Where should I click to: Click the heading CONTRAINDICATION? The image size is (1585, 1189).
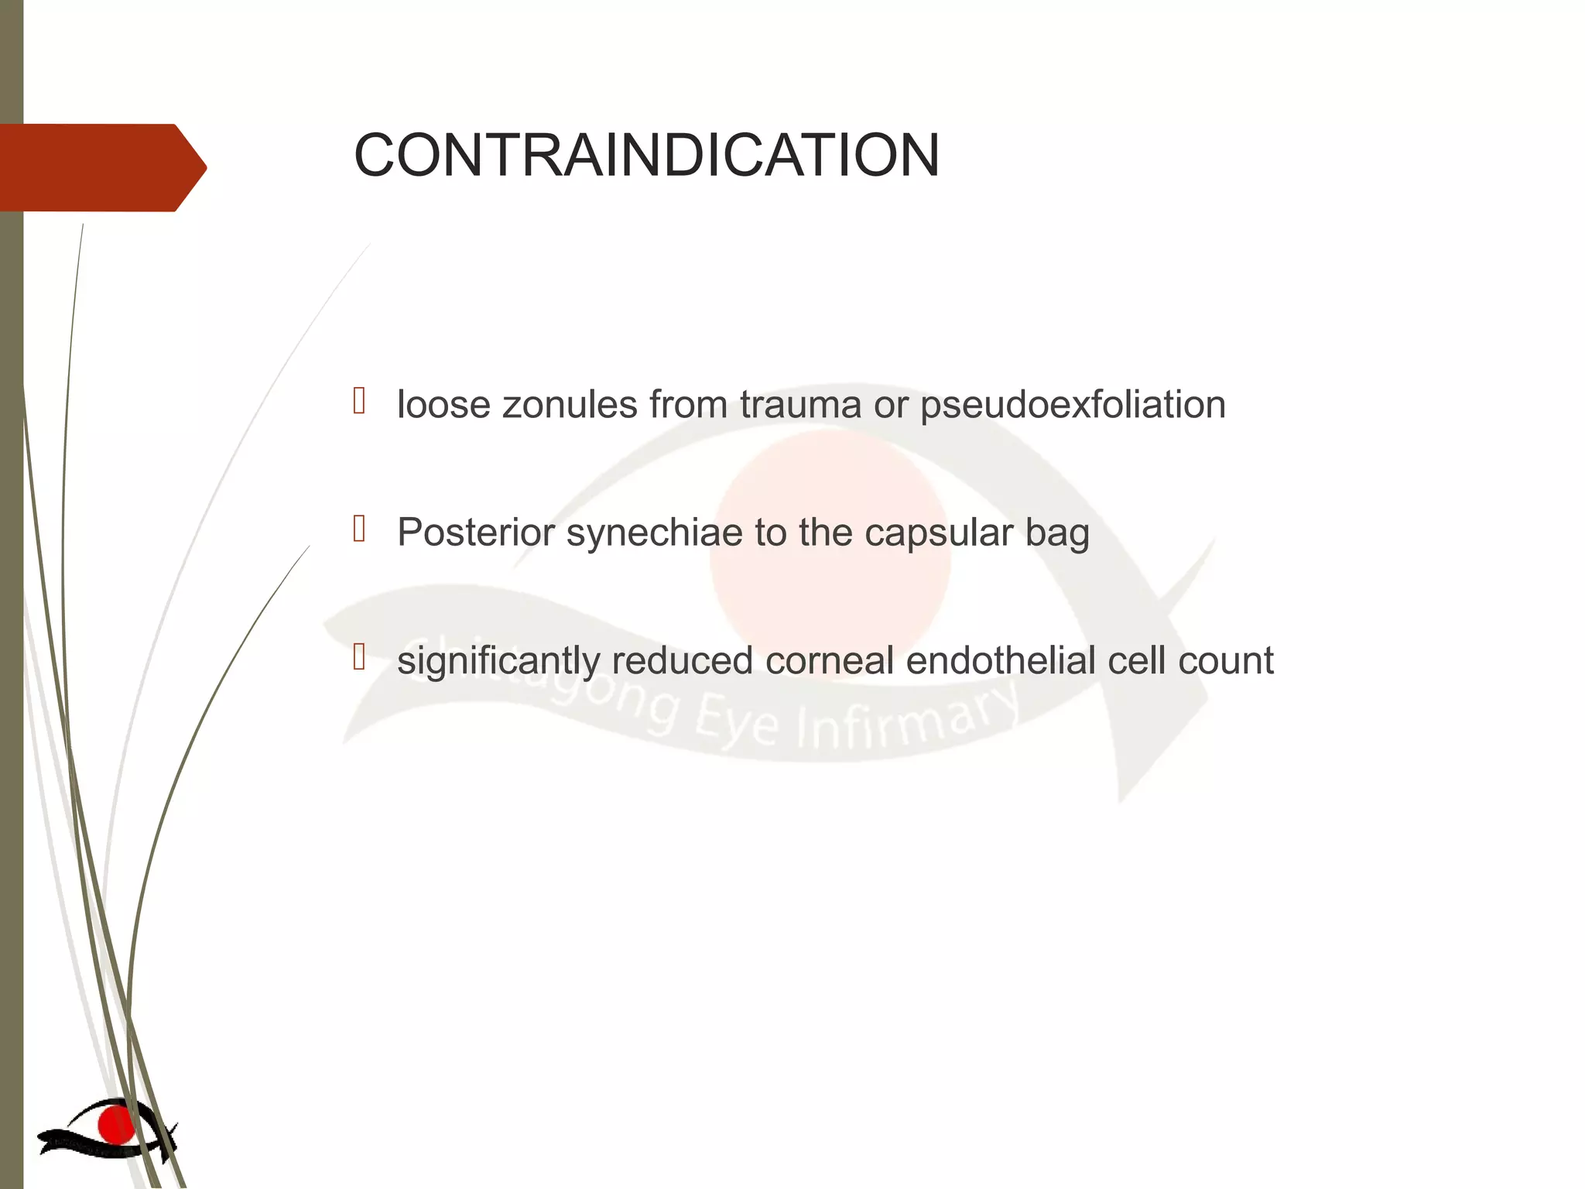coord(646,155)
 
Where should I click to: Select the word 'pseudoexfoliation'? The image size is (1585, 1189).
coord(1073,405)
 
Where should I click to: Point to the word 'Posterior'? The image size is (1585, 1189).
coord(476,533)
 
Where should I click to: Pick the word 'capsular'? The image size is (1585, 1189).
coord(939,533)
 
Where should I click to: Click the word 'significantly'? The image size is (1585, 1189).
coord(498,661)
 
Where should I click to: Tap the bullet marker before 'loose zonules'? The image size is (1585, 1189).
coord(359,401)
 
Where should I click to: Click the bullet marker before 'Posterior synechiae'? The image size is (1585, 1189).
coord(359,529)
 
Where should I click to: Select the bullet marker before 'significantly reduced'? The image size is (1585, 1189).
coord(359,657)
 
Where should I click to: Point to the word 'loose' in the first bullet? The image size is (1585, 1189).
coord(443,405)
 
